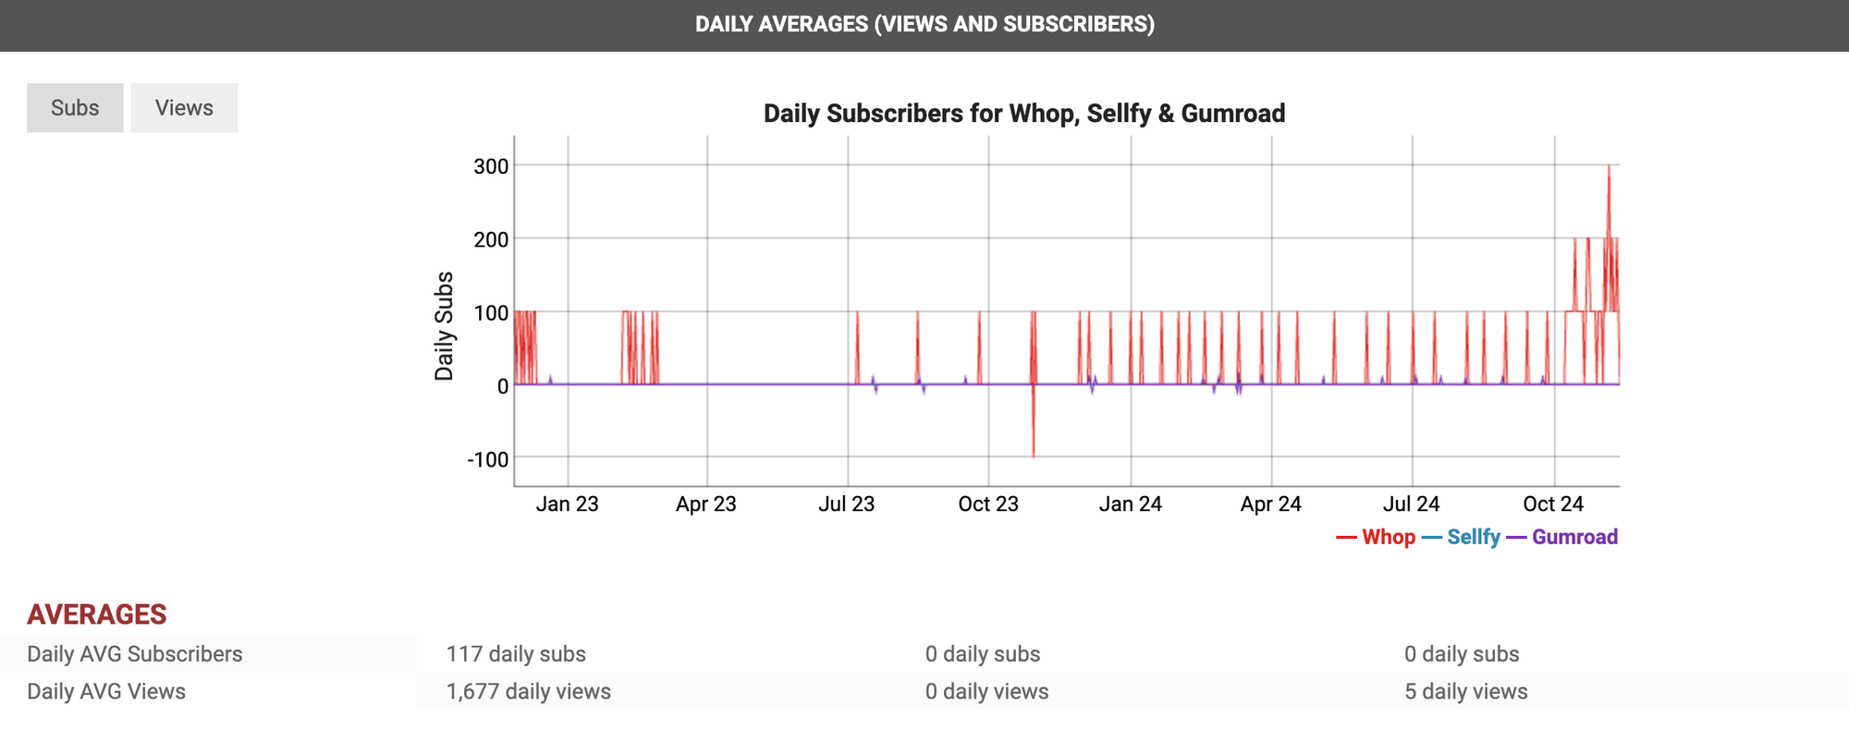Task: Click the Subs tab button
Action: [75, 108]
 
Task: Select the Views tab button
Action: [184, 108]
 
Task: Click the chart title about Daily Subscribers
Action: [1023, 114]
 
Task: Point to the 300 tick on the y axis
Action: [491, 166]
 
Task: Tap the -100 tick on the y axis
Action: [487, 459]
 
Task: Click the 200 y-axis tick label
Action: [491, 239]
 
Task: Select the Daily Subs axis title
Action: [445, 325]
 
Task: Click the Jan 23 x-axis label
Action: [567, 504]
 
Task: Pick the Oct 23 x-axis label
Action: [987, 504]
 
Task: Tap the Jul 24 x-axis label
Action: [1411, 504]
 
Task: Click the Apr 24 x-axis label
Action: [1270, 504]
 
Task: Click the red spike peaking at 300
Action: [1609, 171]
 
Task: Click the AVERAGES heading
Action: [97, 614]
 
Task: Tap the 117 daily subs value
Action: [516, 654]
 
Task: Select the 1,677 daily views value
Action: [528, 691]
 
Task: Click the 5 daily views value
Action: [1465, 691]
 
